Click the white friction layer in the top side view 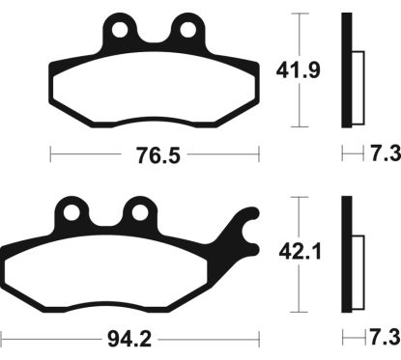tap(356, 87)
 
